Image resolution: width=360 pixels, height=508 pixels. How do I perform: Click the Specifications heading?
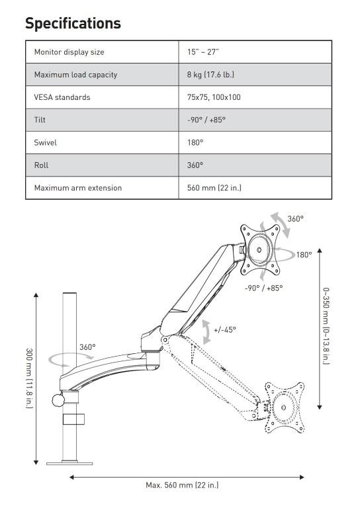[73, 23]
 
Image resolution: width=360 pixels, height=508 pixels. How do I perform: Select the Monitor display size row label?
[69, 52]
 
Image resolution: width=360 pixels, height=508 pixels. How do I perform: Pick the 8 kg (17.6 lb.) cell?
[210, 75]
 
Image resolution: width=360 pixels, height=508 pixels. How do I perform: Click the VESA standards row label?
[62, 97]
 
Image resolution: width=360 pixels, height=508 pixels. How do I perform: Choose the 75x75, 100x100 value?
[214, 97]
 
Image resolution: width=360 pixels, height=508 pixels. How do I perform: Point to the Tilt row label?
[40, 120]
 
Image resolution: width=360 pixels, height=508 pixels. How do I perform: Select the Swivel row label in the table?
[45, 142]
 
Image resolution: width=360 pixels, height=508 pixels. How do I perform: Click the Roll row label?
[41, 165]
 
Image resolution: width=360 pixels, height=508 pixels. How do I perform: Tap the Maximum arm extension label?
[78, 188]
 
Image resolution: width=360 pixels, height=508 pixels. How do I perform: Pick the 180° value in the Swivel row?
[195, 142]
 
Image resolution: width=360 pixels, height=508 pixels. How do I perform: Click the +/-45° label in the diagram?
[224, 329]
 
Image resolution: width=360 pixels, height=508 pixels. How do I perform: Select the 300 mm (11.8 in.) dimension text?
[29, 378]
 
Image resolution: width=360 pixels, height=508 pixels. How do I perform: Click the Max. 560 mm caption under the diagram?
[182, 485]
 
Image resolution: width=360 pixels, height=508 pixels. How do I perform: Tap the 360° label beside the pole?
[87, 347]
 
